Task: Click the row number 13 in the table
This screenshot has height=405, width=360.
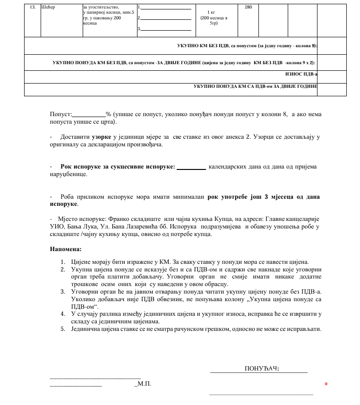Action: pyautogui.click(x=33, y=8)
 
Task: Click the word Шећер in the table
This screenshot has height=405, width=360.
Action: pyautogui.click(x=49, y=8)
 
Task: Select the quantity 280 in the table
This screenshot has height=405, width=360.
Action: pyautogui.click(x=249, y=8)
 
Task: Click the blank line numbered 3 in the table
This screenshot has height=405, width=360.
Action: pyautogui.click(x=166, y=29)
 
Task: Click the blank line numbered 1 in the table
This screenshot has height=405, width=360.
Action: pyautogui.click(x=166, y=8)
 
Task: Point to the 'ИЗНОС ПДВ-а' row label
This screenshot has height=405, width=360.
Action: pyautogui.click(x=301, y=74)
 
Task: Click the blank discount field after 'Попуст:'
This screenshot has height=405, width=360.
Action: pyautogui.click(x=88, y=115)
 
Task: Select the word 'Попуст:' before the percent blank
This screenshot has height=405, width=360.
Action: pyautogui.click(x=60, y=115)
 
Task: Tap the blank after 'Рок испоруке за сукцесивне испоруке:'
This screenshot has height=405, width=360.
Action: pyautogui.click(x=191, y=167)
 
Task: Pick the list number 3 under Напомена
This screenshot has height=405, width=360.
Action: pyautogui.click(x=62, y=292)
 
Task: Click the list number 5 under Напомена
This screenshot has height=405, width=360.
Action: pyautogui.click(x=62, y=329)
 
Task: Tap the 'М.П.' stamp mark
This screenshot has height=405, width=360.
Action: pyautogui.click(x=143, y=384)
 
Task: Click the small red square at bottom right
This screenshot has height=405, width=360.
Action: pyautogui.click(x=326, y=384)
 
